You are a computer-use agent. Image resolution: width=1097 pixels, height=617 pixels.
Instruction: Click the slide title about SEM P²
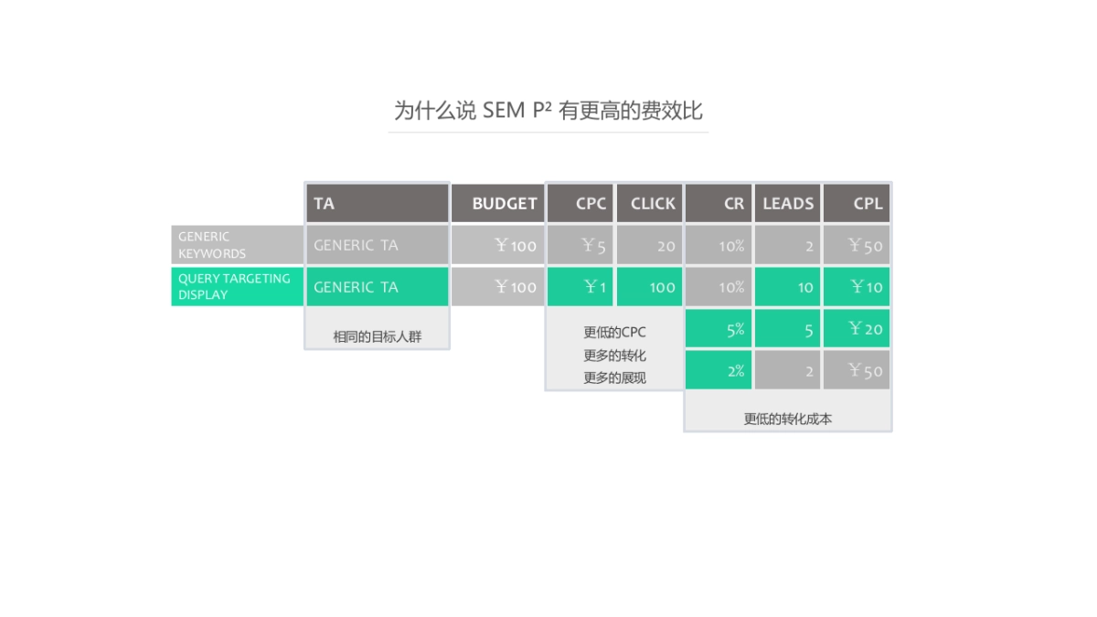tap(548, 111)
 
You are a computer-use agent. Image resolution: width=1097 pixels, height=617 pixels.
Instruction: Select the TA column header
tap(377, 203)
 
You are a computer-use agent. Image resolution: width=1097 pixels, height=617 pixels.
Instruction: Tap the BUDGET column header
tap(497, 203)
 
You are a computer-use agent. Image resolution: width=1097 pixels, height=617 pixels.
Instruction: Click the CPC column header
tap(580, 203)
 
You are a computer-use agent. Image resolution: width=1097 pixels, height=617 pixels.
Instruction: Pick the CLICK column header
tap(650, 203)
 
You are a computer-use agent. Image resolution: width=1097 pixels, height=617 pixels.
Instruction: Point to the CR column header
tap(719, 203)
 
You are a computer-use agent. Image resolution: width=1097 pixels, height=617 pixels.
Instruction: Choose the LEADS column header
tap(787, 203)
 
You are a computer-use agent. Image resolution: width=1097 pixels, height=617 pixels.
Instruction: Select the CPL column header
tap(857, 203)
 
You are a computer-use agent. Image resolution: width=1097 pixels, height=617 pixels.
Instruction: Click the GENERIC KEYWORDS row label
tap(237, 245)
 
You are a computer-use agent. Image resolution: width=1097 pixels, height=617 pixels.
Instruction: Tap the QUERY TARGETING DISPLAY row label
tap(237, 286)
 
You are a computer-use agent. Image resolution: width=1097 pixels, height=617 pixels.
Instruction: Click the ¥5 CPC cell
tap(580, 245)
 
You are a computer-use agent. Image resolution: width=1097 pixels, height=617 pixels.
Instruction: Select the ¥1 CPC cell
tap(580, 286)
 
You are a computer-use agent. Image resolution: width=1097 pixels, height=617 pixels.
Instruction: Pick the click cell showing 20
tap(650, 245)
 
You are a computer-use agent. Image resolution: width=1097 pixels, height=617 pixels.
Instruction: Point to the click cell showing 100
tap(650, 286)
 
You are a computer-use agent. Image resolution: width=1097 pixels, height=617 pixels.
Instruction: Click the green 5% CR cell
tap(719, 329)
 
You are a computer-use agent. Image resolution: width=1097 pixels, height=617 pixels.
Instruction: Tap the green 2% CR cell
tap(719, 370)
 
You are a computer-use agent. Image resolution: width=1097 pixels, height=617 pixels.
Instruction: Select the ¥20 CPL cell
tap(857, 329)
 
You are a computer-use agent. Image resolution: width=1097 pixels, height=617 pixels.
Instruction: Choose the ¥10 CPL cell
tap(857, 286)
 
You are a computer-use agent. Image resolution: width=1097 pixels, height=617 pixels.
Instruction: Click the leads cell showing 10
tap(787, 286)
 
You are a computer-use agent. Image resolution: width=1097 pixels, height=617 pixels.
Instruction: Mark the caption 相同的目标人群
tap(377, 336)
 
